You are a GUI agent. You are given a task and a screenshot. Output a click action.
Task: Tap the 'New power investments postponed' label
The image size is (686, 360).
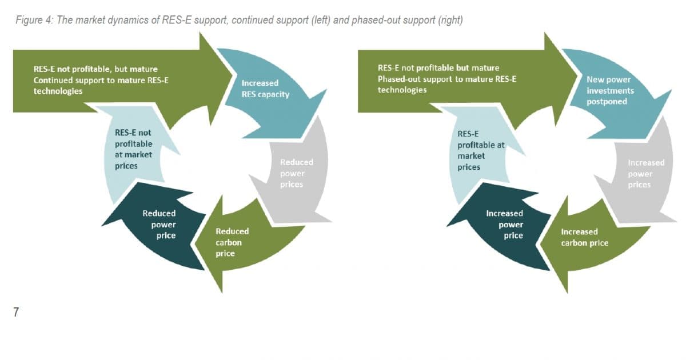point(610,90)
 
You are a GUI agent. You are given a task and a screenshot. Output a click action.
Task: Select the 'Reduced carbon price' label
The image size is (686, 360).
point(232,242)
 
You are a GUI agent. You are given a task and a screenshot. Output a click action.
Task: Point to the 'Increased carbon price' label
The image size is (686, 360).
point(584,237)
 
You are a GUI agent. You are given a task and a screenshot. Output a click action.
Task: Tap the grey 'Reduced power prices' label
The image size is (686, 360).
point(296,173)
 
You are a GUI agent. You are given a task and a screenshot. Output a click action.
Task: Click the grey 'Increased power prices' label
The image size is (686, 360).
point(646,174)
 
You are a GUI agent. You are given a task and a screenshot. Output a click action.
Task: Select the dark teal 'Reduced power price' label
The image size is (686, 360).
point(159,224)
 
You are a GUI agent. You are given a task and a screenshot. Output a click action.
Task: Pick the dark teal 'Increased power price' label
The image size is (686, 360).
point(504,224)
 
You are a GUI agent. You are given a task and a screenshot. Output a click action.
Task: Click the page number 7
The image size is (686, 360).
point(15,313)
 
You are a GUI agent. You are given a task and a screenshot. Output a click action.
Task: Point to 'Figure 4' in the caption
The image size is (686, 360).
point(32,21)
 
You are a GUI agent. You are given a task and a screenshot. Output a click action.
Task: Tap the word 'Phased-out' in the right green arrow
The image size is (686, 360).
point(398,79)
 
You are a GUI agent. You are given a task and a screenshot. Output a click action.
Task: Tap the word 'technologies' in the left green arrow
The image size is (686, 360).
point(58,91)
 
